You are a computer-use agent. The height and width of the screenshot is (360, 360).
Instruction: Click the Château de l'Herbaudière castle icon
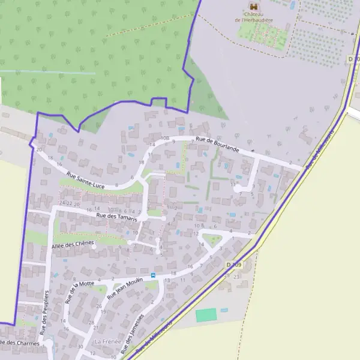pyautogui.click(x=251, y=7)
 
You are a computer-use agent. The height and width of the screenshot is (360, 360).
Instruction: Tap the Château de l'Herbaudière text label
pyautogui.click(x=253, y=18)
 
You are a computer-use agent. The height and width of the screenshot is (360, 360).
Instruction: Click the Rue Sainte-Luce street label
pyautogui.click(x=86, y=180)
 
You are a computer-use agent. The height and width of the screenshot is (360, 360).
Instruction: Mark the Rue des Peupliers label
pyautogui.click(x=44, y=312)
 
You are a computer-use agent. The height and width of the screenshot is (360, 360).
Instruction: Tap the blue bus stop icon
pyautogui.click(x=152, y=275)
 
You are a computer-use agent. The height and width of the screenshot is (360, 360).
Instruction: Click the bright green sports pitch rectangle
pyautogui.click(x=206, y=314)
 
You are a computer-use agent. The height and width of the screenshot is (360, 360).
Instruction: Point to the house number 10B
pyautogui.click(x=165, y=138)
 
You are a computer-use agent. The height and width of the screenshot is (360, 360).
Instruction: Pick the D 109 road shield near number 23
pyautogui.click(x=233, y=265)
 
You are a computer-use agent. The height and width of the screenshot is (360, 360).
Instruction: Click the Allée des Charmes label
pyautogui.click(x=19, y=344)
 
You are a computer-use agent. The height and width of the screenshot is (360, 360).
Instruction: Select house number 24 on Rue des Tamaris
pyautogui.click(x=62, y=203)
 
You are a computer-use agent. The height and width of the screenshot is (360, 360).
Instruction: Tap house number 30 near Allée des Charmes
pyautogui.click(x=80, y=347)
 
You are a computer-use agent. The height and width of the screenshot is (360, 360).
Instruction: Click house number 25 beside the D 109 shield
pyautogui.click(x=227, y=275)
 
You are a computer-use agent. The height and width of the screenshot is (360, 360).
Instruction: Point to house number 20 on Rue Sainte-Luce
pyautogui.click(x=39, y=149)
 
